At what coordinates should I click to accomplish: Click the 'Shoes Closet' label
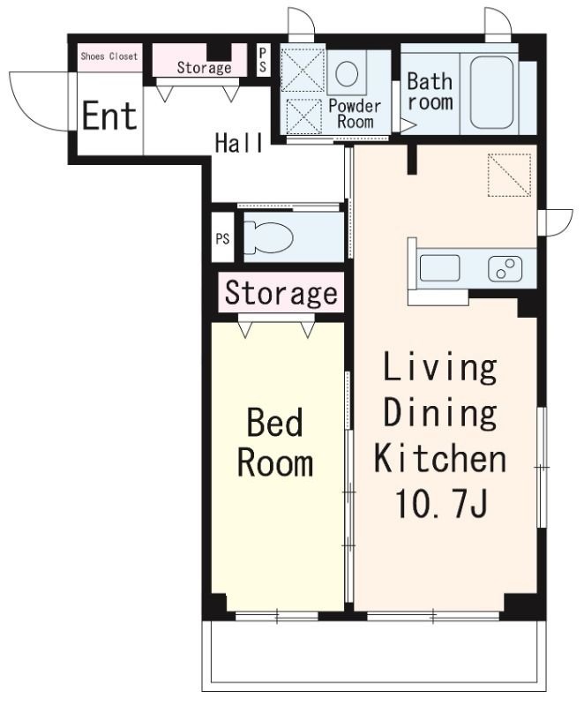point(109,56)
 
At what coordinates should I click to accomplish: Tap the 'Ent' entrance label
point(109,116)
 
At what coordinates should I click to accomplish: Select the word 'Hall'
point(239,143)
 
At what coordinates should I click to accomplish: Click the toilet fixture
point(268,237)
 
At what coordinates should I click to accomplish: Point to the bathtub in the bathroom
point(491,93)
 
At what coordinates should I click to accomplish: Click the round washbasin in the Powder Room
point(347,73)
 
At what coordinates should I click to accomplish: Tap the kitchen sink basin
point(439,268)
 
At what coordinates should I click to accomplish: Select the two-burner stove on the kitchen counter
point(505,269)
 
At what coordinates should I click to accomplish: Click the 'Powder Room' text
point(355,114)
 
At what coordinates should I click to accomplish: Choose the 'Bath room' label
point(430,92)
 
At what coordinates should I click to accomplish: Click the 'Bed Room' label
point(275,442)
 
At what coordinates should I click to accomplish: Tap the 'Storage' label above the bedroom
point(281,293)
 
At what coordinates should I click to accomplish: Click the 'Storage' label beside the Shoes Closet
point(205,68)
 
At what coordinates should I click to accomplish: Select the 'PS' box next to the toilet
point(222,238)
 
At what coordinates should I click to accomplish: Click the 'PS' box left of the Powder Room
point(263,60)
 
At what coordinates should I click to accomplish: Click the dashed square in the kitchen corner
point(509,175)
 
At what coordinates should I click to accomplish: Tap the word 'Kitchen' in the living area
point(440,457)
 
